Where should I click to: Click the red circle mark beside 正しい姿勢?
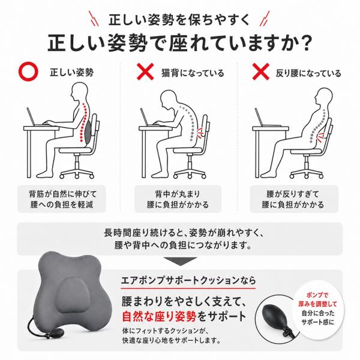[28, 72]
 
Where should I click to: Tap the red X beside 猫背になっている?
[145, 72]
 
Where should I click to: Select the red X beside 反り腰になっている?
[261, 72]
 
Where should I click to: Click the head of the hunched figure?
[169, 98]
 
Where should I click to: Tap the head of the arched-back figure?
[324, 97]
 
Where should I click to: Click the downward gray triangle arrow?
[180, 261]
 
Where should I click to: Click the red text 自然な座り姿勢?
[159, 316]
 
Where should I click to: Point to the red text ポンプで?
[317, 295]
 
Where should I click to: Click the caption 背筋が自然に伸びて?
[62, 194]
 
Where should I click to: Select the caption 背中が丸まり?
[178, 194]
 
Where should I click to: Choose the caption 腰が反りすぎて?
[293, 194]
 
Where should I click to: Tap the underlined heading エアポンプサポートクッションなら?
[188, 280]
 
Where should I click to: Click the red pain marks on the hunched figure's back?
[200, 133]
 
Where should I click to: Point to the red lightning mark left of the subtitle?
[94, 19]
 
